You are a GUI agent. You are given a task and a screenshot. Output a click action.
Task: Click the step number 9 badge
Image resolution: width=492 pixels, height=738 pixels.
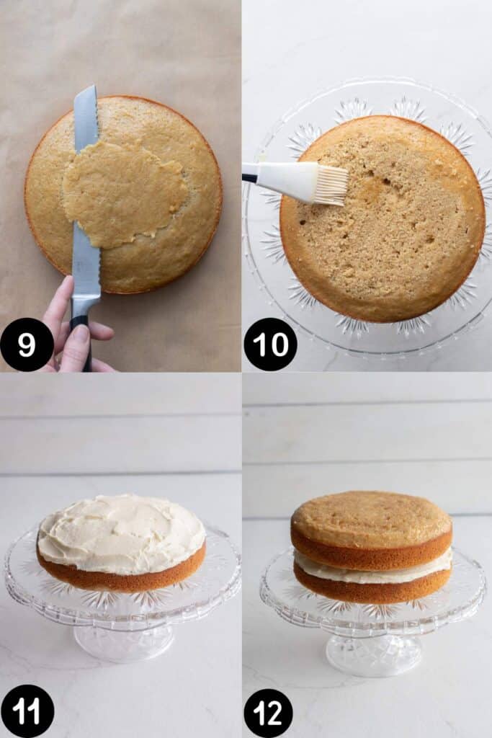click(27, 344)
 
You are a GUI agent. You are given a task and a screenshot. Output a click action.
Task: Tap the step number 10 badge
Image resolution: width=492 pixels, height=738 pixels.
click(270, 344)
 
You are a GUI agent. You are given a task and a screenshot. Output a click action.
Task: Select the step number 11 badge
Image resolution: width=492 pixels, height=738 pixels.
click(27, 711)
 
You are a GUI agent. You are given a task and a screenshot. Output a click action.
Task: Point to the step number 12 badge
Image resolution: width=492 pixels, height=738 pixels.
click(268, 713)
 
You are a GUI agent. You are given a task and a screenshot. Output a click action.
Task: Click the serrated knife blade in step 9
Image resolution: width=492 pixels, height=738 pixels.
click(86, 197)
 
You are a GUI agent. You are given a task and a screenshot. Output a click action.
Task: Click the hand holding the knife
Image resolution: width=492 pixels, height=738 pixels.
click(75, 329)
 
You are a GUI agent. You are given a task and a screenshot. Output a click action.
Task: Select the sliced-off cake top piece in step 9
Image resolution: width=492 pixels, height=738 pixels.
click(125, 194)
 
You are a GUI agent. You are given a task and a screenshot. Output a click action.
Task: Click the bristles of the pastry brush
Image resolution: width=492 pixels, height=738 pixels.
click(332, 186)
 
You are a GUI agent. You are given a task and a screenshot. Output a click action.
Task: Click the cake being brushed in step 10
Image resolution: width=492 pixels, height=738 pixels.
click(382, 219)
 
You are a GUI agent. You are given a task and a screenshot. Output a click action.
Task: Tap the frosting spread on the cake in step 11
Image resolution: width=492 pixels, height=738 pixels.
click(121, 534)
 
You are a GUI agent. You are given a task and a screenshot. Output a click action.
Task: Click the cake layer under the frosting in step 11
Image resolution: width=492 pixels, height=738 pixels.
click(121, 574)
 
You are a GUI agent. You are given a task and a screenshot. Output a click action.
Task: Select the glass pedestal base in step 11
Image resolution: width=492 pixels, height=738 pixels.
click(123, 642)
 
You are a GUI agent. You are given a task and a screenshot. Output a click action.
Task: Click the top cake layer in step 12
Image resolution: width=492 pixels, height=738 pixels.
click(372, 530)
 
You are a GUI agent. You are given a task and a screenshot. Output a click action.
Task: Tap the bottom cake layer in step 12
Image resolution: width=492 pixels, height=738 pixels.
click(372, 591)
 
